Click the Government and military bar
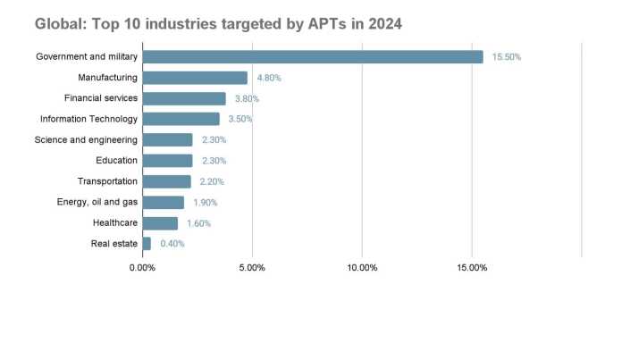[313, 57]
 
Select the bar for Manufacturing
[195, 78]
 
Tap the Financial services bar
[184, 98]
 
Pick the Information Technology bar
[181, 119]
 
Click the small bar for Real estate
[147, 243]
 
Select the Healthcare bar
[160, 222]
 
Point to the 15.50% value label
[507, 57]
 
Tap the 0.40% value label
[172, 243]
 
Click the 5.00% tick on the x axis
[252, 267]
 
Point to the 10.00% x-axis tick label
[362, 267]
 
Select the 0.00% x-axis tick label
[142, 267]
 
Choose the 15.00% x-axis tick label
[472, 267]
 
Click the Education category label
[117, 161]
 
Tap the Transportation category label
[107, 181]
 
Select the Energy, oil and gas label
[97, 202]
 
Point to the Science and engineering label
[86, 140]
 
